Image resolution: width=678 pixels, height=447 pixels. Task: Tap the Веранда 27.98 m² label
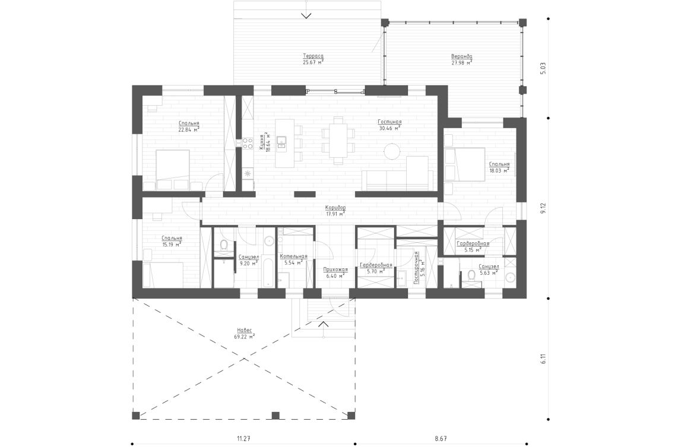pos(461,58)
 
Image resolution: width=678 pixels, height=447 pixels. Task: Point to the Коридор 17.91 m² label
pos(335,211)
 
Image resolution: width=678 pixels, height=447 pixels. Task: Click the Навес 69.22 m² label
pos(245,333)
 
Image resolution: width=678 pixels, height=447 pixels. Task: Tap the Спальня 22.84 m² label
pos(189,126)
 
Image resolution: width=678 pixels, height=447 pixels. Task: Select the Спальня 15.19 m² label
pos(172,240)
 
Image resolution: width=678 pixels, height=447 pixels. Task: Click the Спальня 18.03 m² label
pos(499,167)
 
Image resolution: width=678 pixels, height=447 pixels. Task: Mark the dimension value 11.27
pos(243,439)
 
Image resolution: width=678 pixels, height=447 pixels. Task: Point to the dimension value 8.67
pos(441,439)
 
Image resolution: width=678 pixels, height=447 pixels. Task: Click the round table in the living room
pos(392,151)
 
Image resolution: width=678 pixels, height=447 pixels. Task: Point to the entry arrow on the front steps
pos(324,324)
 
